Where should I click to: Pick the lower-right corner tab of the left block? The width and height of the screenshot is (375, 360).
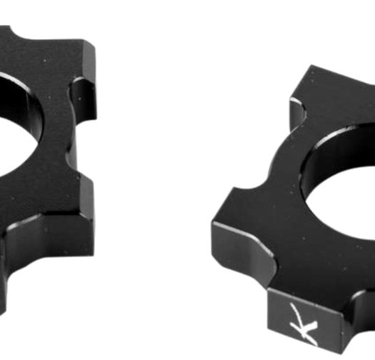pyautogui.click(x=79, y=207)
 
